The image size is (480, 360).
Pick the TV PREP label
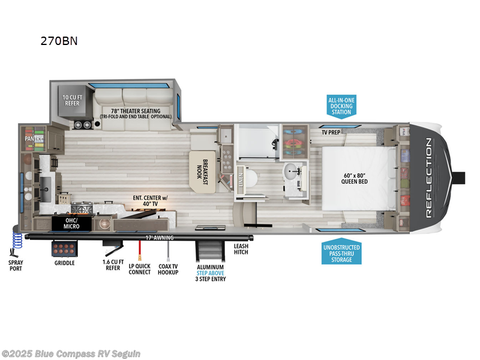pyautogui.click(x=331, y=131)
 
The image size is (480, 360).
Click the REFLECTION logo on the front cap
pyautogui.click(x=428, y=177)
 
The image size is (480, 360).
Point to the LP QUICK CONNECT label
pyautogui.click(x=139, y=268)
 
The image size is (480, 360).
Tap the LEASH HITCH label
pyautogui.click(x=241, y=250)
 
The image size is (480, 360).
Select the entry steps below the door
pyautogui.click(x=211, y=249)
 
